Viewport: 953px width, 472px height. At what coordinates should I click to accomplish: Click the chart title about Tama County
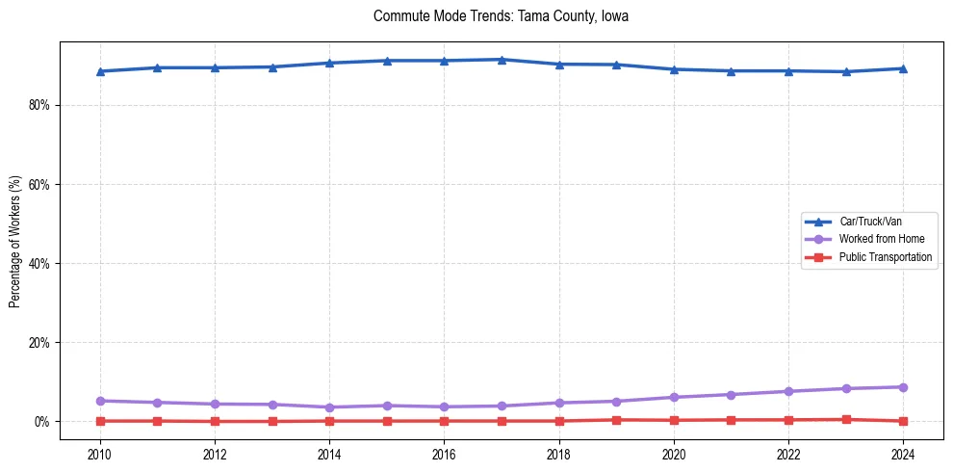click(x=501, y=16)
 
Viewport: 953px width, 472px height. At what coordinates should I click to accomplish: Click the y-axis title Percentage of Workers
click(x=15, y=242)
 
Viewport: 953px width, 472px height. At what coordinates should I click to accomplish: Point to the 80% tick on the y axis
click(x=39, y=105)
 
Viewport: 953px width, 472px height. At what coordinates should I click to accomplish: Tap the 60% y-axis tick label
click(x=39, y=184)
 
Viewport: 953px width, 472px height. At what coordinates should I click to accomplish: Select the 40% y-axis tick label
click(x=39, y=263)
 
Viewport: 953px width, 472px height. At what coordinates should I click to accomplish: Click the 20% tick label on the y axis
click(x=39, y=342)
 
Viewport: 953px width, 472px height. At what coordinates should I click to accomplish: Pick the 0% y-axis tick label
click(x=41, y=422)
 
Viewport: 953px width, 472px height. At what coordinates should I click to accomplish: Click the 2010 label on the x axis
click(x=100, y=453)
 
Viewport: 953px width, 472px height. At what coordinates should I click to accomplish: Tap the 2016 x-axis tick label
click(x=444, y=453)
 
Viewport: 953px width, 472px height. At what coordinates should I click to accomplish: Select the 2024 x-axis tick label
click(x=903, y=453)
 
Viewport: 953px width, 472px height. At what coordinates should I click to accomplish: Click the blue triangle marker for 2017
click(x=502, y=60)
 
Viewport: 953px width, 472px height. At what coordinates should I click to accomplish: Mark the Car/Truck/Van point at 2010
click(x=100, y=71)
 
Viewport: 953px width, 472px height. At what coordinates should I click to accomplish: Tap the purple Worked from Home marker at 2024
click(x=903, y=387)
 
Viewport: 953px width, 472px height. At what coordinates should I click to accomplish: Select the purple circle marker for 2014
click(x=329, y=407)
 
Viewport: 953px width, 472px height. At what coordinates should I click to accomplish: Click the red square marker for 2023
click(x=846, y=419)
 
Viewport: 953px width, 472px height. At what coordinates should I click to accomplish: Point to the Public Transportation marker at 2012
click(x=215, y=421)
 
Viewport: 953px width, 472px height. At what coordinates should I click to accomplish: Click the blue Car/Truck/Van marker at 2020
click(x=674, y=69)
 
